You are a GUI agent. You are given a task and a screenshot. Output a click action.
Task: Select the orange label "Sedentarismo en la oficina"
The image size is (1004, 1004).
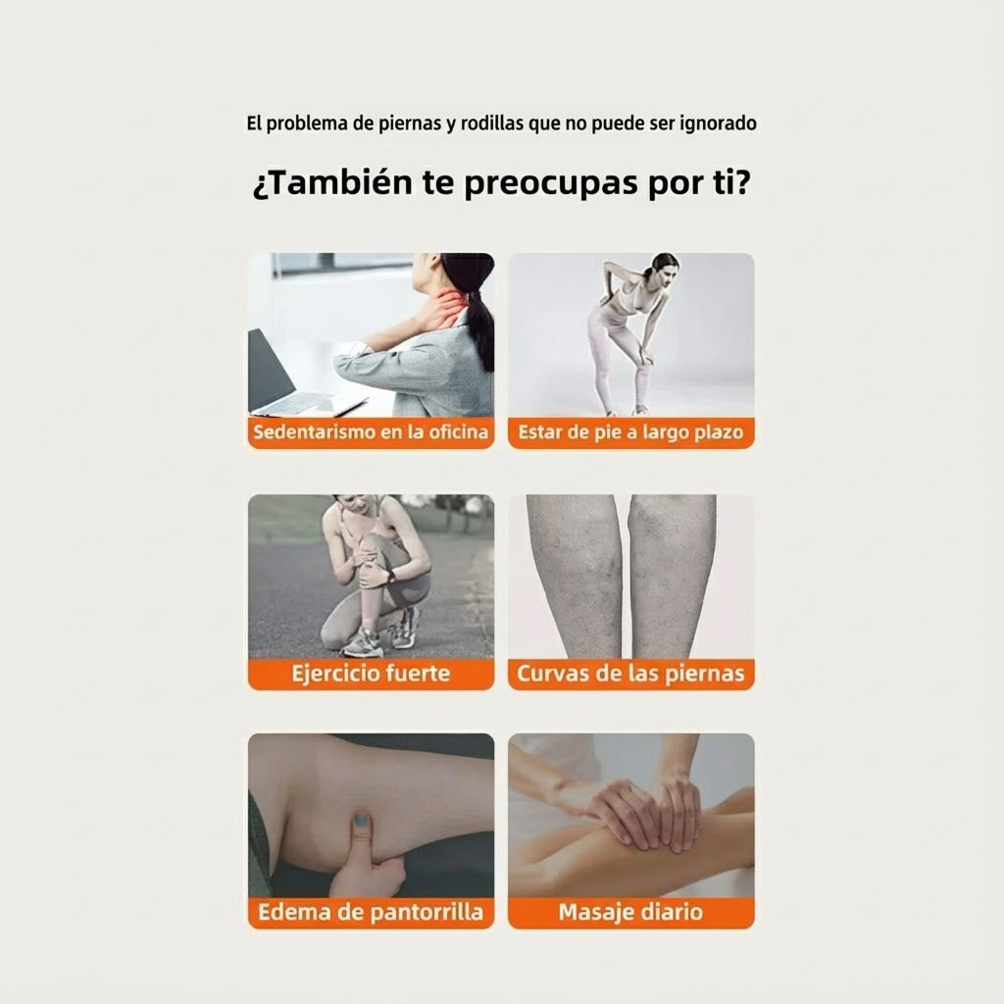[x=371, y=432]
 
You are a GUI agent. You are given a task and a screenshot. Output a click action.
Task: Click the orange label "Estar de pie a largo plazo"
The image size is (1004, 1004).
[x=630, y=432]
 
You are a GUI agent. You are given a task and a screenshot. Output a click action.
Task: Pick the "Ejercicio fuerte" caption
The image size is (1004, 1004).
[x=371, y=674]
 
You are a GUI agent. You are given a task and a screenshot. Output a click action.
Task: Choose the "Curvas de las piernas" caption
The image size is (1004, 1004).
[x=630, y=674]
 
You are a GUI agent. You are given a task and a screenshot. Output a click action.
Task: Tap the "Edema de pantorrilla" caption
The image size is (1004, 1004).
[x=371, y=913]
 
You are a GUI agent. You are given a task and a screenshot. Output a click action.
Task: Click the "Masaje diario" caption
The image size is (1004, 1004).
[x=630, y=913]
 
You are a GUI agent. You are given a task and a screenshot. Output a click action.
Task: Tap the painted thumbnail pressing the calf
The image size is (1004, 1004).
[x=362, y=820]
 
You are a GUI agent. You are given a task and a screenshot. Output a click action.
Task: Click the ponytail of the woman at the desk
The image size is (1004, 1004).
[x=480, y=327]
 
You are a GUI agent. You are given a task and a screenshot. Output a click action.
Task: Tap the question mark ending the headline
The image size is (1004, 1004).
[x=742, y=182]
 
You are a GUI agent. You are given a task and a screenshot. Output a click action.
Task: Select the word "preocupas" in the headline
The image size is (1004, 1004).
[x=551, y=184]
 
